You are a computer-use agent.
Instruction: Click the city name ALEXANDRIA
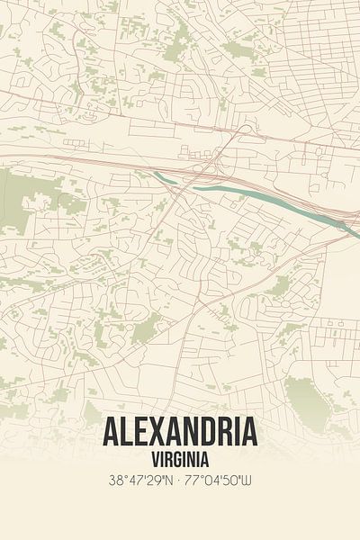pos(180,433)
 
